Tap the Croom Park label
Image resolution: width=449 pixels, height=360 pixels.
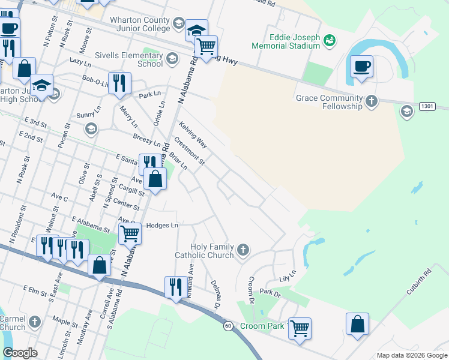coord(261,326)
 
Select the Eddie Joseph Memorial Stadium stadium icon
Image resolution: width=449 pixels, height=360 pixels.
coord(328,41)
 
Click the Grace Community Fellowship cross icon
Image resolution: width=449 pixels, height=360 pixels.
coord(372,101)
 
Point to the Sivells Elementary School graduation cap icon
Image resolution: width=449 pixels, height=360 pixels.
coord(172,58)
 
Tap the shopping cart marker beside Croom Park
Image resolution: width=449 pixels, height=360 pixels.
coord(299,329)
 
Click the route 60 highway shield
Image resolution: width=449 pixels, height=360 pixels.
coord(228,326)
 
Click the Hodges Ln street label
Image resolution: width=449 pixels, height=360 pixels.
coord(162,225)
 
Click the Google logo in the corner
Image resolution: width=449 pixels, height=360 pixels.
coord(20,353)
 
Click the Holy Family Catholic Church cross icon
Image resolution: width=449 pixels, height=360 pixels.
coord(243,250)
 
